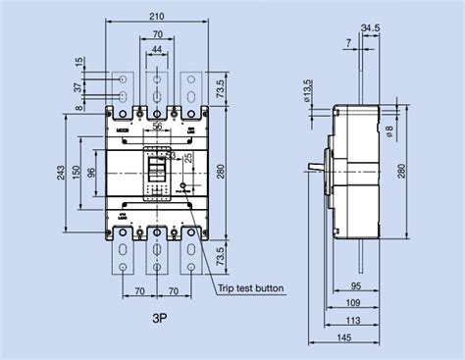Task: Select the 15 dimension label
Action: point(78,64)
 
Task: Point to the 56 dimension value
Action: point(156,127)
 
